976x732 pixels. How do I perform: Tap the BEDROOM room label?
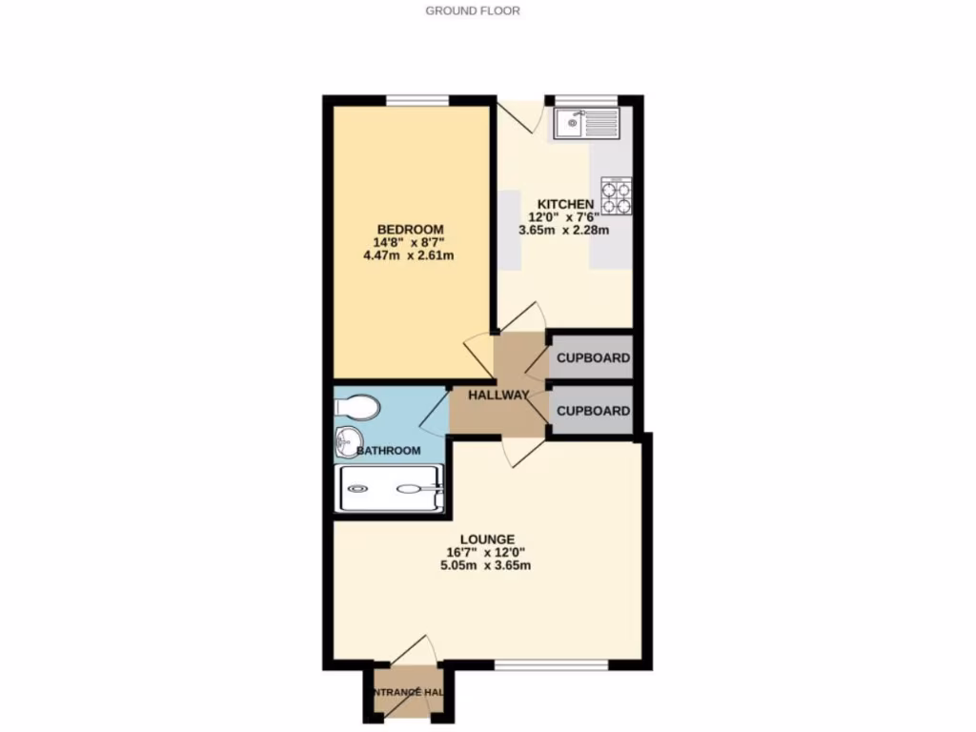411,230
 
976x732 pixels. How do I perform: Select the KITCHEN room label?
566,204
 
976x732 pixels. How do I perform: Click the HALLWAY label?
498,395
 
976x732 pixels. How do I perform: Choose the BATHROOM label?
389,450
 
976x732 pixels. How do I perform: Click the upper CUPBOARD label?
593,358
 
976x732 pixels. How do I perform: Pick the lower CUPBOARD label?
593,411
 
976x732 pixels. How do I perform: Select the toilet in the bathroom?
357,408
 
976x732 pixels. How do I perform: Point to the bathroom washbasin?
347,441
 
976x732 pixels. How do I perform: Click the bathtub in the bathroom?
389,490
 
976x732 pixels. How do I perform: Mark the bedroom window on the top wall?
418,100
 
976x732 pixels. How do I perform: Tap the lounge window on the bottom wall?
551,663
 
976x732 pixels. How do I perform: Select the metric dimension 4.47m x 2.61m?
411,254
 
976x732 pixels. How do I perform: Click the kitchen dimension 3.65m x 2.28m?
563,229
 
